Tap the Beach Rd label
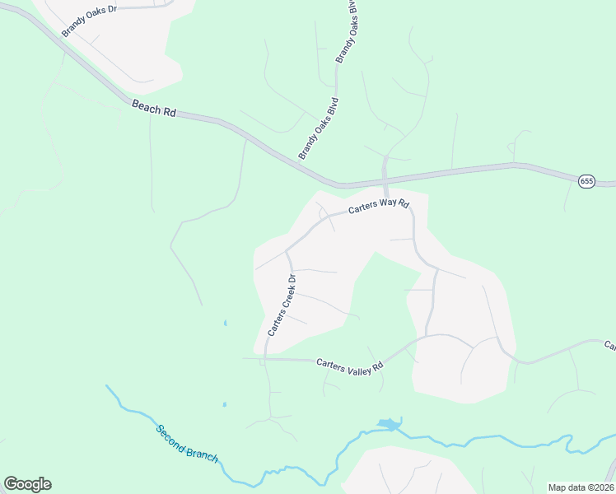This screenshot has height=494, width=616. pyautogui.click(x=153, y=107)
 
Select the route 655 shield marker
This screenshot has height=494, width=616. pyautogui.click(x=586, y=181)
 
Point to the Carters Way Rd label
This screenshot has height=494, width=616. pyautogui.click(x=379, y=206)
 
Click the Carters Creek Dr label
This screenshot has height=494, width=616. pyautogui.click(x=282, y=305)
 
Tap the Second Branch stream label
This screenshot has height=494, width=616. pyautogui.click(x=188, y=443)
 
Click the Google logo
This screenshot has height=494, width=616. pyautogui.click(x=27, y=484)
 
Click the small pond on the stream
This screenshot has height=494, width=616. pyautogui.click(x=387, y=425)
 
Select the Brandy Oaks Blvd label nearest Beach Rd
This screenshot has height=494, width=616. pyautogui.click(x=319, y=128)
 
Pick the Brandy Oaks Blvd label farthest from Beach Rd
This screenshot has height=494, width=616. pyautogui.click(x=348, y=30)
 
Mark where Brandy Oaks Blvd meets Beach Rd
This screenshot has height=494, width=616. pyautogui.click(x=336, y=184)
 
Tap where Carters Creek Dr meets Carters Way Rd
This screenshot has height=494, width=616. pyautogui.click(x=287, y=250)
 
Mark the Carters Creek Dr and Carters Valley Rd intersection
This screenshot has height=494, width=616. pyautogui.click(x=265, y=358)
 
